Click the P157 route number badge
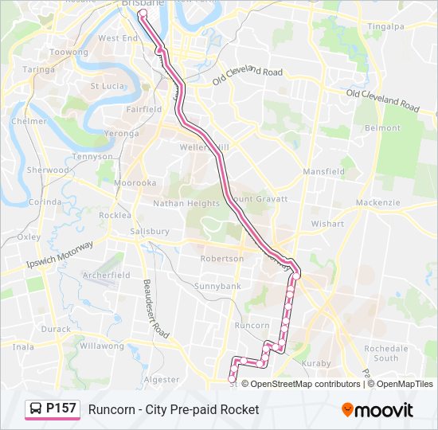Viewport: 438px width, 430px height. click(x=61, y=409)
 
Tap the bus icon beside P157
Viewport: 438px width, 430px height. click(x=36, y=409)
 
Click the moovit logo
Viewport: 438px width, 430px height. click(x=377, y=410)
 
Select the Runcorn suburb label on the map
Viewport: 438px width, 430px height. click(x=252, y=326)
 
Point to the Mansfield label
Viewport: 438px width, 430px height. click(x=323, y=171)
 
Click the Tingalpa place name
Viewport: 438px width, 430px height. click(x=386, y=26)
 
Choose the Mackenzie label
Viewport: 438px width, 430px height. click(x=377, y=202)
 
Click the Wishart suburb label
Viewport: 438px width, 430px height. click(x=327, y=224)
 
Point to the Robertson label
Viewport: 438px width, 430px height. click(x=222, y=259)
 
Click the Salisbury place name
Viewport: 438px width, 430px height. click(x=150, y=232)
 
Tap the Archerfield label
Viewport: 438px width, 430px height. click(x=106, y=276)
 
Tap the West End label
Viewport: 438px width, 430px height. click(x=118, y=38)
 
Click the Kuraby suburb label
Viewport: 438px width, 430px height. click(x=317, y=364)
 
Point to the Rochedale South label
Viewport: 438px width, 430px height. click(x=385, y=353)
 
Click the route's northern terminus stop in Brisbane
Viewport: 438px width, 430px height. click(x=143, y=14)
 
